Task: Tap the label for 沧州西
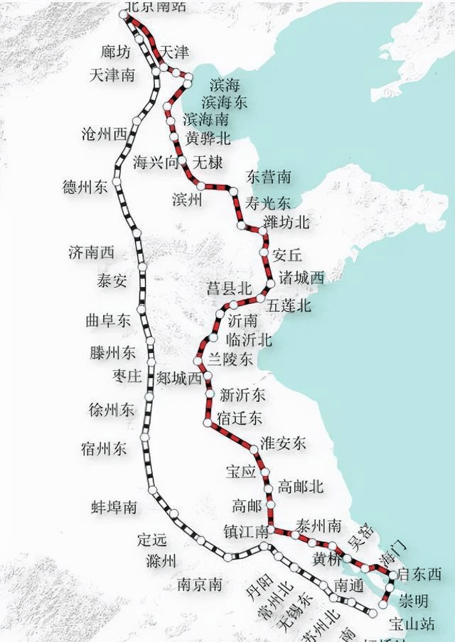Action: (105, 134)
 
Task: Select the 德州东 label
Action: (85, 187)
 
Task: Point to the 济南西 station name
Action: (92, 252)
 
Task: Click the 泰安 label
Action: (112, 280)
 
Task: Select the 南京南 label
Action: (200, 584)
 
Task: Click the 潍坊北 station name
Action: (287, 222)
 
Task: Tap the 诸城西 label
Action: (302, 277)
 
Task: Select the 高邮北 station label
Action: (301, 486)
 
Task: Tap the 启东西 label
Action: (419, 574)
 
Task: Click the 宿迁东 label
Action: (241, 418)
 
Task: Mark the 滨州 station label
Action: (188, 200)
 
